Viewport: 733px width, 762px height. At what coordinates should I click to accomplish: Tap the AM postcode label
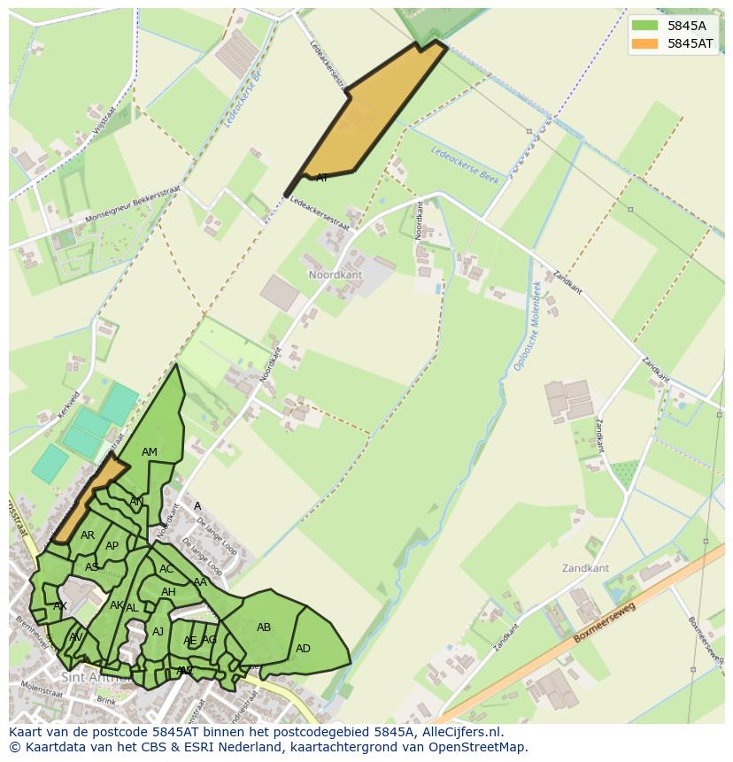150,452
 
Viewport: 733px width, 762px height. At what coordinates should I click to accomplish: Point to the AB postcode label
264,627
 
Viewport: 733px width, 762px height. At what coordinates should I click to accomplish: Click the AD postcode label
303,649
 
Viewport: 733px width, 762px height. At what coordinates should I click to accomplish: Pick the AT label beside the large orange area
322,178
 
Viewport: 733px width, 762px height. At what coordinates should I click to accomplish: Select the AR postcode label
88,535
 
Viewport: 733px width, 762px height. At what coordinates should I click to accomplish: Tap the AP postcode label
112,546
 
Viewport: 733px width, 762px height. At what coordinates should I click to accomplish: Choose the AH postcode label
168,592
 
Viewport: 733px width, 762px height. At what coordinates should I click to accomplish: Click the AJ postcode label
158,632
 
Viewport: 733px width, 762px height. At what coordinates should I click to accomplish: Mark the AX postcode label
60,606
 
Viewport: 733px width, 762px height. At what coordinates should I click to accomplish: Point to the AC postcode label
166,569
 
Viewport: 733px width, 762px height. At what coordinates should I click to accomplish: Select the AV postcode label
76,637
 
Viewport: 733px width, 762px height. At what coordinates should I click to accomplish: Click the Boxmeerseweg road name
605,624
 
